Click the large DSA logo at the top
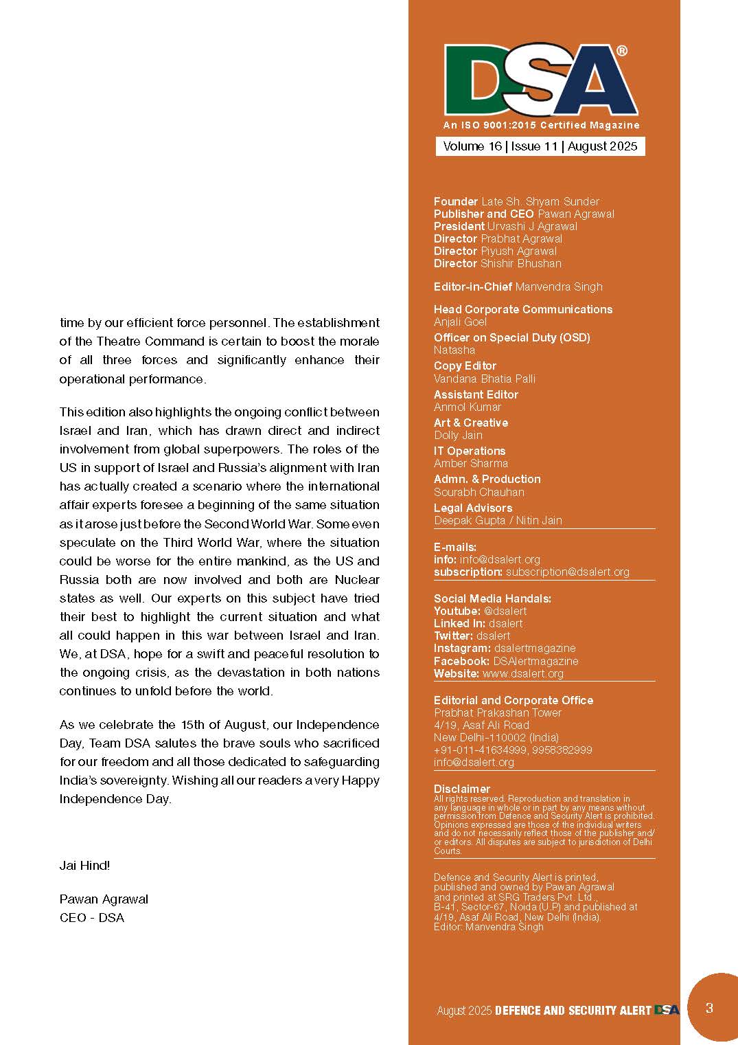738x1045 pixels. pyautogui.click(x=540, y=81)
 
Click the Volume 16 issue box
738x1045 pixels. pyautogui.click(x=540, y=146)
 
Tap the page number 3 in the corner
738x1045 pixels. pyautogui.click(x=709, y=1008)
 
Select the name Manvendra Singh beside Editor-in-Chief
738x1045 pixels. pyautogui.click(x=559, y=286)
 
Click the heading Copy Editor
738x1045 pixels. pyautogui.click(x=465, y=366)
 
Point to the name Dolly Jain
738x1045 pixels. pyautogui.click(x=458, y=435)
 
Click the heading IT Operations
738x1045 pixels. pyautogui.click(x=470, y=451)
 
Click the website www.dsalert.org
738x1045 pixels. pyautogui.click(x=523, y=673)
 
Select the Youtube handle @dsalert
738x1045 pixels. pyautogui.click(x=505, y=611)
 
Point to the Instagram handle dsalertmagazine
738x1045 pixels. pyautogui.click(x=535, y=648)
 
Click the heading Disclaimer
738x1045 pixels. pyautogui.click(x=462, y=789)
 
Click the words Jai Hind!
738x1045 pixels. pyautogui.click(x=84, y=865)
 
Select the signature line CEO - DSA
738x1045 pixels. pyautogui.click(x=92, y=917)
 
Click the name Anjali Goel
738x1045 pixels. pyautogui.click(x=460, y=322)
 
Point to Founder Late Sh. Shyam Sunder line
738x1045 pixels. pyautogui.click(x=516, y=201)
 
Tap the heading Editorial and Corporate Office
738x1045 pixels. pyautogui.click(x=514, y=700)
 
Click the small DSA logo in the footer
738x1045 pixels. pyautogui.click(x=667, y=1010)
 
